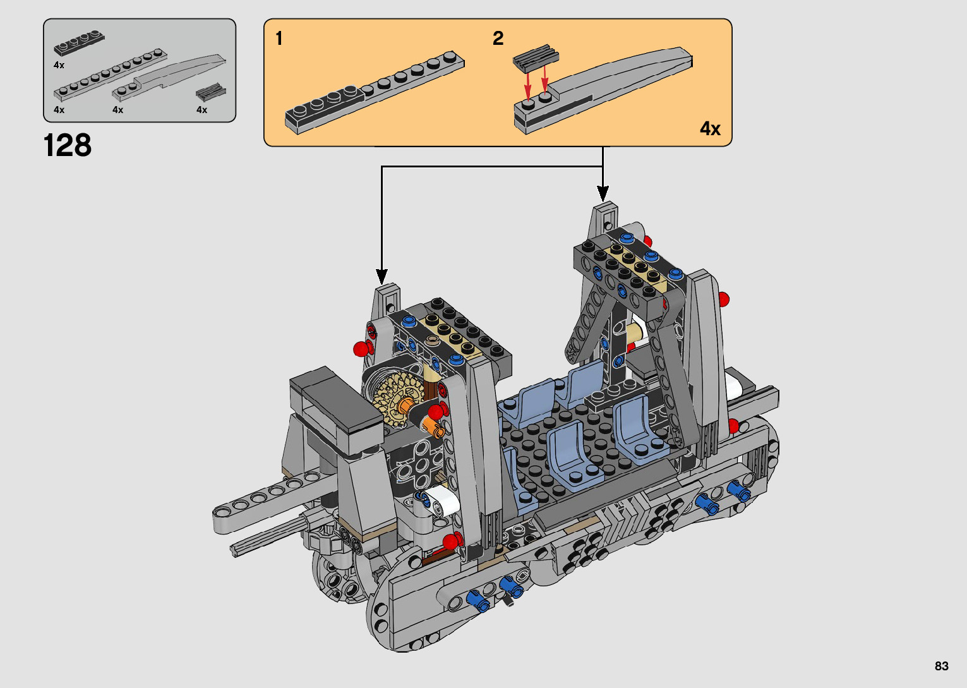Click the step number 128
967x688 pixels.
pyautogui.click(x=68, y=145)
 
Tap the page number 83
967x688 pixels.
pyautogui.click(x=942, y=666)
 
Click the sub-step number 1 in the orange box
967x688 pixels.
pyautogui.click(x=279, y=39)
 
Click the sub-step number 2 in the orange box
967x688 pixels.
pyautogui.click(x=498, y=39)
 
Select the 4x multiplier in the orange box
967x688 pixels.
pyautogui.click(x=710, y=129)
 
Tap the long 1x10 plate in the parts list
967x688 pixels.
pyautogui.click(x=111, y=75)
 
